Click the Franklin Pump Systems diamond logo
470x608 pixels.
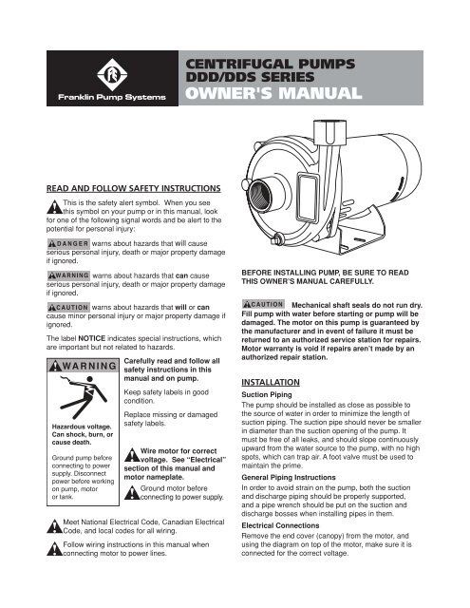(112, 74)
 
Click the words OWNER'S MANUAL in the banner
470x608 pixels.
(273, 93)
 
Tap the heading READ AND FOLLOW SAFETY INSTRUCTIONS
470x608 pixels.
(133, 188)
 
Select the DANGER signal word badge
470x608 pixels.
(68, 243)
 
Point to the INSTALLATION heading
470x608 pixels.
(271, 382)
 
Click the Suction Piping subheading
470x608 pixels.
(267, 395)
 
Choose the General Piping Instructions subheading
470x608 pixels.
(289, 477)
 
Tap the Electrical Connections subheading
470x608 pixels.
(280, 525)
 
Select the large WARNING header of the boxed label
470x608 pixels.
(83, 366)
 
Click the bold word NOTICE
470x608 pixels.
(92, 338)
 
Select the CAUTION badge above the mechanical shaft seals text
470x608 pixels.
(263, 304)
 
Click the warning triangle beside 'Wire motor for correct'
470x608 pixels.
(132, 455)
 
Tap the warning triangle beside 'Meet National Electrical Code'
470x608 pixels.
(55, 526)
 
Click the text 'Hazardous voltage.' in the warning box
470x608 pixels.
(82, 427)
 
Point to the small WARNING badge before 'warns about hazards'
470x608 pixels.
(68, 275)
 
